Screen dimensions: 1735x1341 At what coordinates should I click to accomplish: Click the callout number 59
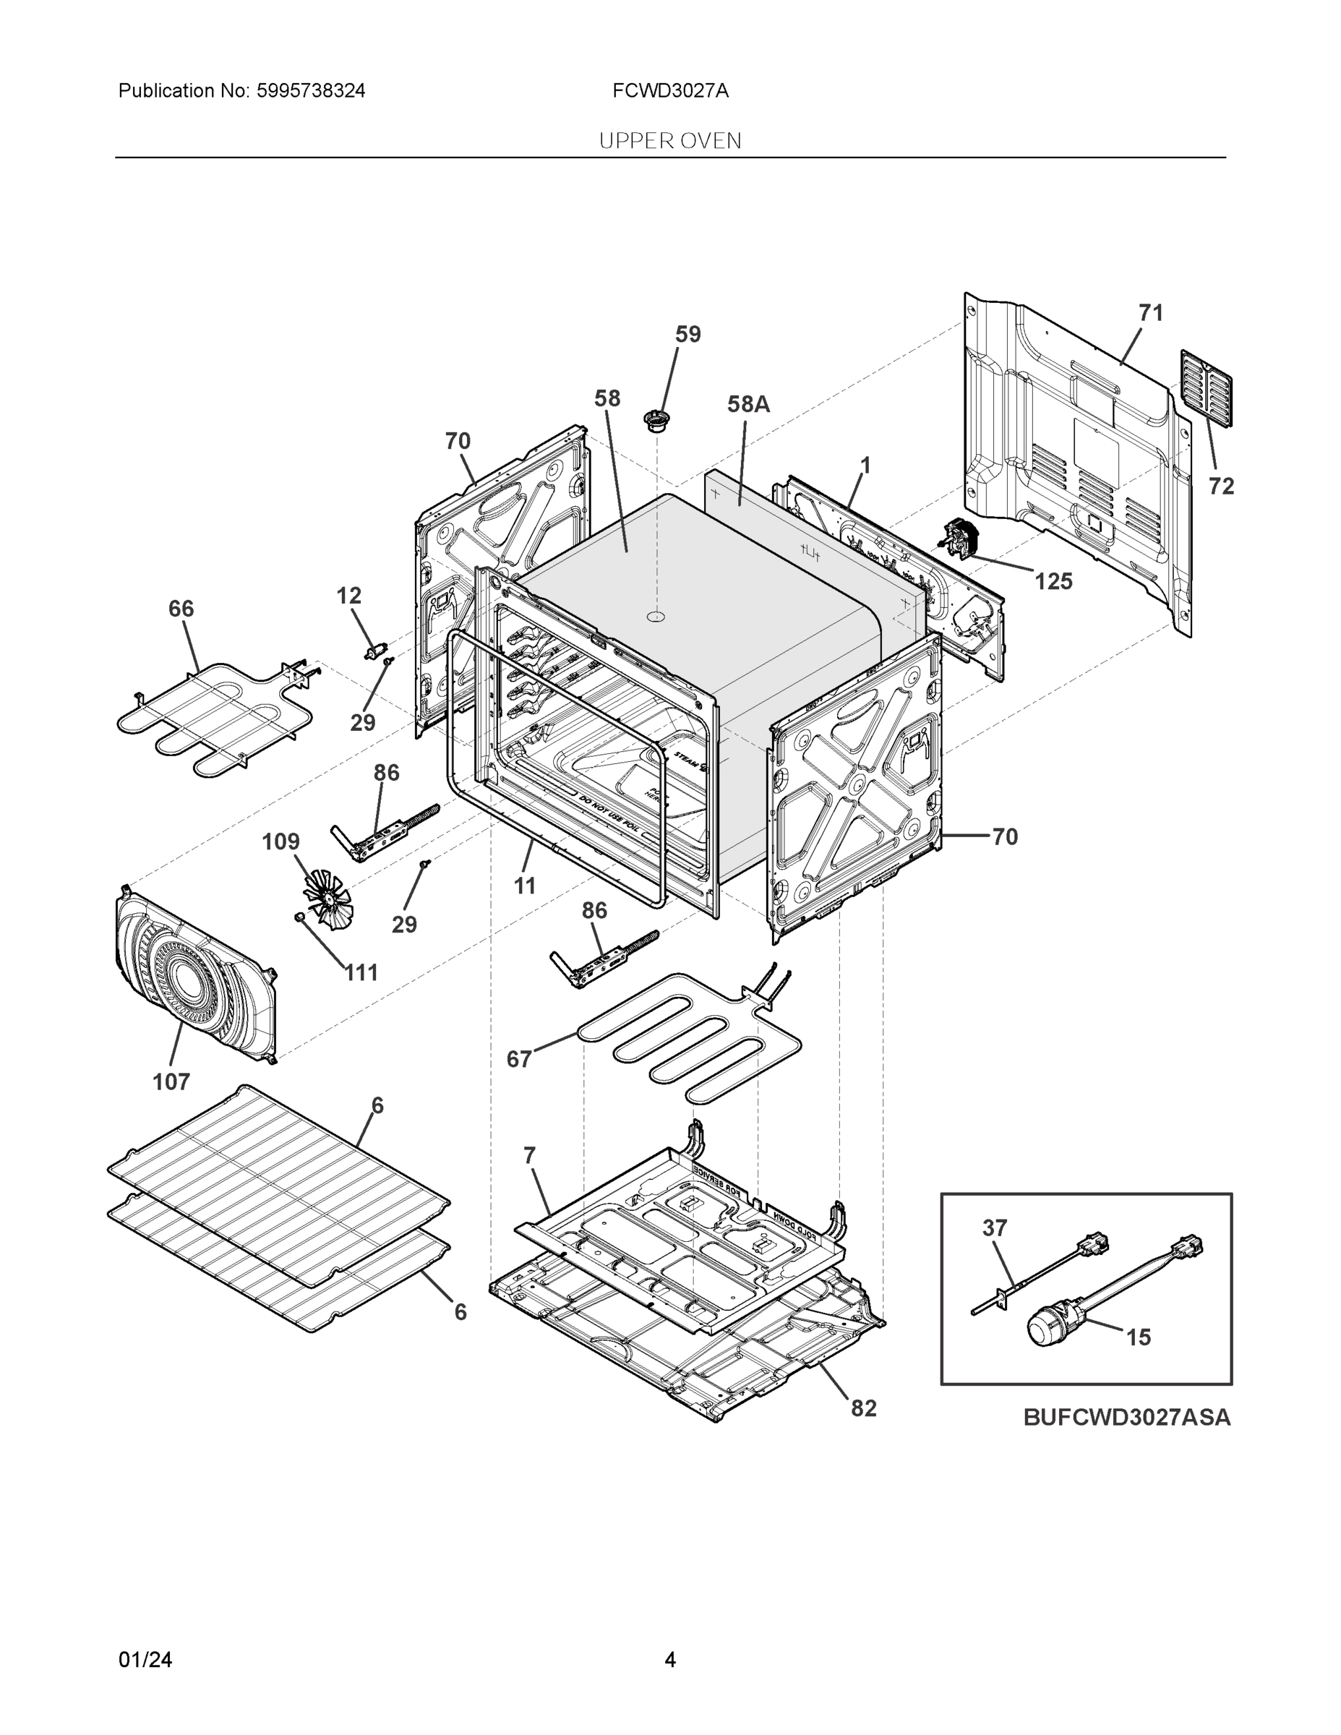coord(688,335)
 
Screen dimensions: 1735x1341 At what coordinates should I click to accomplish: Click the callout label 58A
coord(748,404)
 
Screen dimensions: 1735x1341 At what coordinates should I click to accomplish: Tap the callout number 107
coord(171,1081)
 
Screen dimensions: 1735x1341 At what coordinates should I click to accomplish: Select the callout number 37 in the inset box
coord(995,1228)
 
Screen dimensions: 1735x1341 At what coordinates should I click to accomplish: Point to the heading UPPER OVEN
coord(669,141)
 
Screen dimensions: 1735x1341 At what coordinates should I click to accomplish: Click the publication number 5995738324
coord(311,90)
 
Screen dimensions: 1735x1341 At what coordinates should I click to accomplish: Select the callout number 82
coord(864,1408)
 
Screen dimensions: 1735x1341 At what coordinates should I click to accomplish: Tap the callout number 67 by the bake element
coord(519,1059)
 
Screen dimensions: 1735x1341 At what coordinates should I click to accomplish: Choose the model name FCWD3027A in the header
coord(669,90)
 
